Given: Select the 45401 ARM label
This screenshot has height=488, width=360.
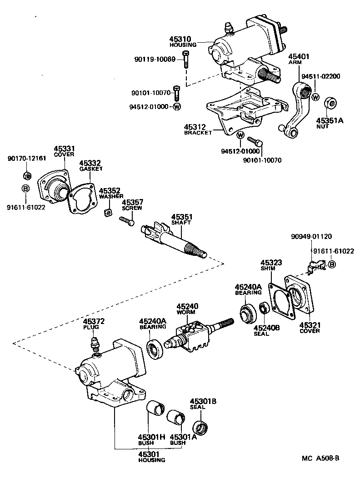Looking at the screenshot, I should [x=298, y=60].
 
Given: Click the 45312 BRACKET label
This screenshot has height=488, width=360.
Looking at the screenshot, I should [x=198, y=129].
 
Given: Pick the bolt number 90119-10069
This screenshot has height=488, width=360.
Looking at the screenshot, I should [x=155, y=59].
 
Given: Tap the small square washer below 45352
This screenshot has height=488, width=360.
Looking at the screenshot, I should [x=108, y=212].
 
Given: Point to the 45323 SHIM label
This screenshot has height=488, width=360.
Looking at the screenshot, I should [x=271, y=265].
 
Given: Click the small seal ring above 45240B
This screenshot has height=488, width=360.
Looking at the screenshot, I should [x=264, y=309].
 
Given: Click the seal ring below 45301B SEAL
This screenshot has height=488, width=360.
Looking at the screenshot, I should [x=200, y=428].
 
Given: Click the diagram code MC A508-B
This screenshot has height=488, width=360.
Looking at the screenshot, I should [x=320, y=458].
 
